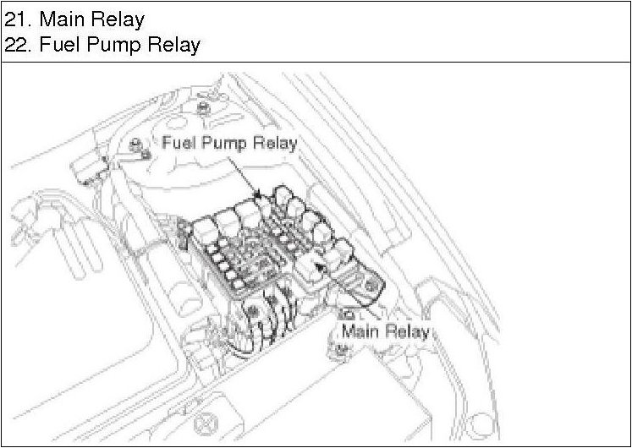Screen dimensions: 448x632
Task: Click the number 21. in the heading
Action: (x=19, y=18)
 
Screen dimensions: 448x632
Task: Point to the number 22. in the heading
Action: (x=19, y=44)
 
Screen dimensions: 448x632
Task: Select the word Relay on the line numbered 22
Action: (x=173, y=44)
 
